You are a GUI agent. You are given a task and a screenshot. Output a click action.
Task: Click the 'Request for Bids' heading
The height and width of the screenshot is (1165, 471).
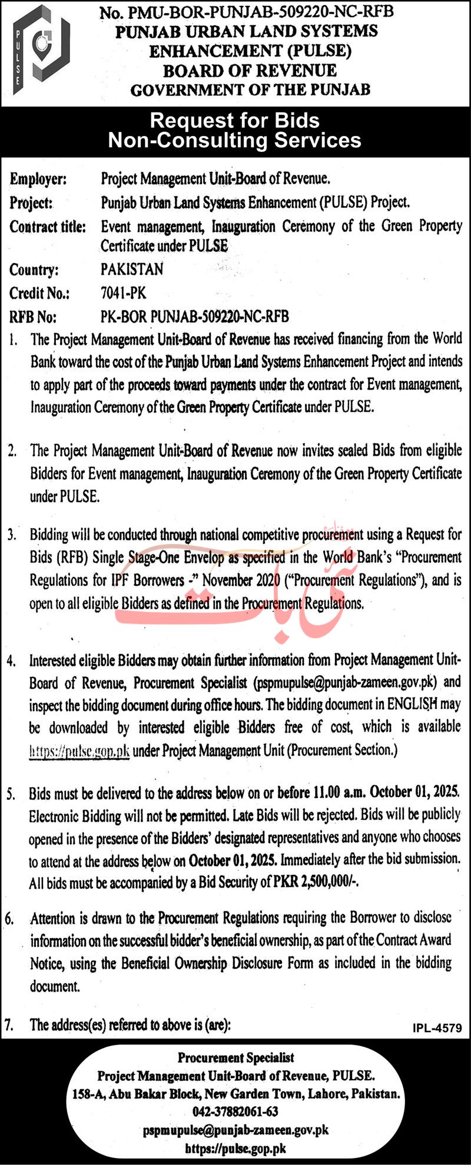click(234, 120)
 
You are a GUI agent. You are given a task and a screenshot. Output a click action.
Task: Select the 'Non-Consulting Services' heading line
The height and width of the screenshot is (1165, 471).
click(234, 140)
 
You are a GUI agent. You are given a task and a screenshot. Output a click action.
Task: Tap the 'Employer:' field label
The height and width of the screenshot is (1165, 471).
click(38, 178)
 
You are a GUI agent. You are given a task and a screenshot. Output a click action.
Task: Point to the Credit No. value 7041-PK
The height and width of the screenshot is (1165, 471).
click(123, 293)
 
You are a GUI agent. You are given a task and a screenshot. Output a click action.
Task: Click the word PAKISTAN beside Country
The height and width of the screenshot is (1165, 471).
click(132, 270)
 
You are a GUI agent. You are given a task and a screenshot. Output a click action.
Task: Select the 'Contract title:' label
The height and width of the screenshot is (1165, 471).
click(48, 227)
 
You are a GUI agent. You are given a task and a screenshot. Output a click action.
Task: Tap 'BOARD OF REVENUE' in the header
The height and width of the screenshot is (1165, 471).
click(250, 71)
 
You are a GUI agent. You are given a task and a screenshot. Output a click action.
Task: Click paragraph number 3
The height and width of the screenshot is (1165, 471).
click(11, 535)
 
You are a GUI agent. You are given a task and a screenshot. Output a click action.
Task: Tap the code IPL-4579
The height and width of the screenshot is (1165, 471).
click(437, 1028)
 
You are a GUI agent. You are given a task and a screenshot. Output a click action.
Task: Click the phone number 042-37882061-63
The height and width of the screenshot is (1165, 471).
click(235, 1111)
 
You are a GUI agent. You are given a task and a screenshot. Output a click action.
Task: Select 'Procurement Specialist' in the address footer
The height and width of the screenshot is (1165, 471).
click(235, 1058)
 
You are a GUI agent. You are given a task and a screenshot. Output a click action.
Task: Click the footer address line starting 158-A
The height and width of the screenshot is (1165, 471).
click(235, 1094)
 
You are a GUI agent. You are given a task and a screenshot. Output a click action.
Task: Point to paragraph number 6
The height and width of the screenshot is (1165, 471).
click(9, 918)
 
